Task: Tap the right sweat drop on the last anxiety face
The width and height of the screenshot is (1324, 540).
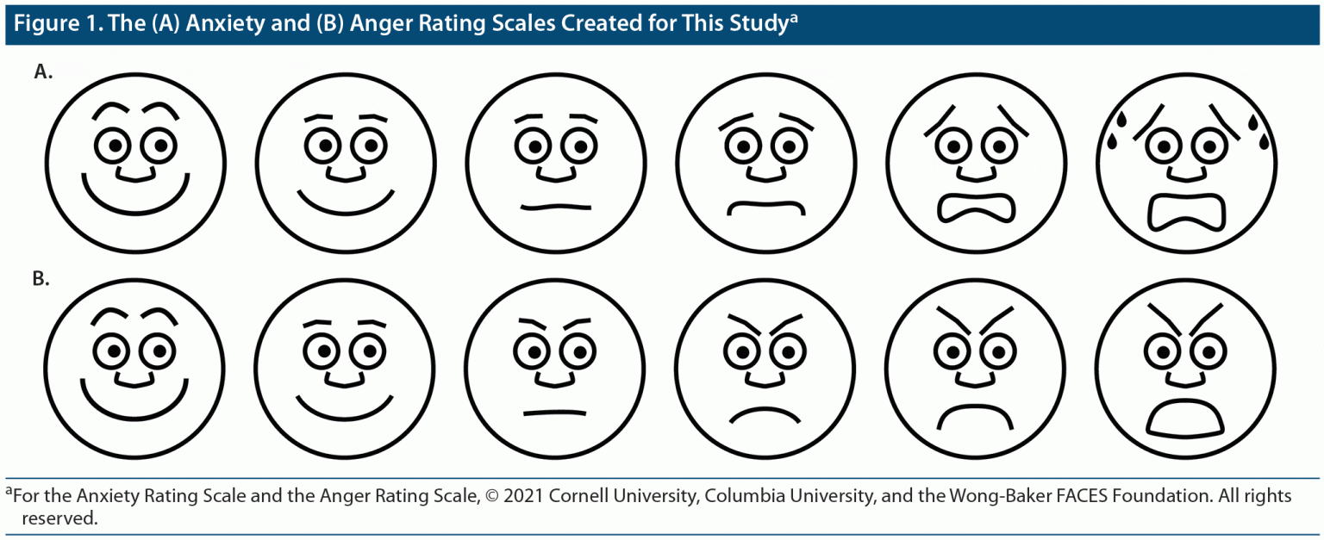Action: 1252,126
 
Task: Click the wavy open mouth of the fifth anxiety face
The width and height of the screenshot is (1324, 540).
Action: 975,210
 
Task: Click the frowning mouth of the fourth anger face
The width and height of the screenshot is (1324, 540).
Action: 765,413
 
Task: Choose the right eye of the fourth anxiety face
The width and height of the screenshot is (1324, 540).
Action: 786,146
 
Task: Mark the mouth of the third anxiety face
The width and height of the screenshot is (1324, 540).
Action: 555,207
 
